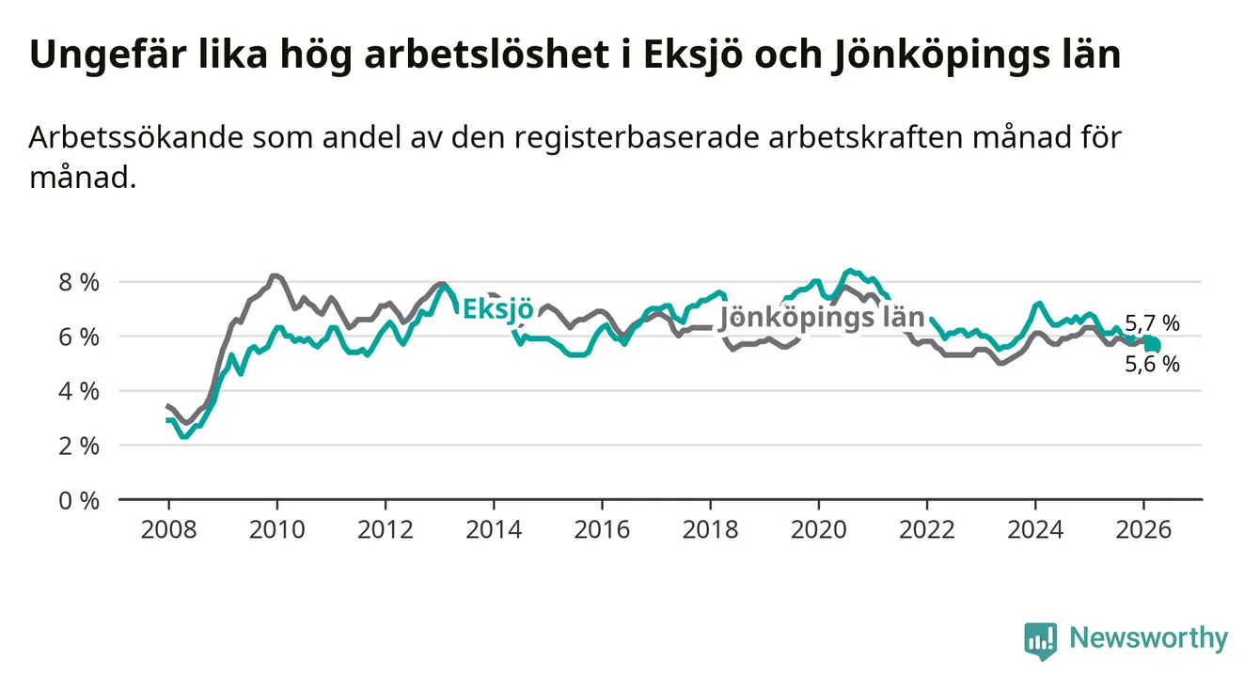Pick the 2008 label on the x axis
pos(168,528)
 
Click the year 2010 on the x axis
pos(276,528)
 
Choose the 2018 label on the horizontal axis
pos(710,528)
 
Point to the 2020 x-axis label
pos(818,528)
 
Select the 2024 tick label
pos(1034,528)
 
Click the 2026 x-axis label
pos(1142,528)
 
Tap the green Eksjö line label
pos(498,309)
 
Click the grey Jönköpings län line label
pos(821,318)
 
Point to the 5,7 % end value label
pos(1152,324)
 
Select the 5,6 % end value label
pos(1152,365)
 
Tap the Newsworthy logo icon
pos(1040,640)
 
